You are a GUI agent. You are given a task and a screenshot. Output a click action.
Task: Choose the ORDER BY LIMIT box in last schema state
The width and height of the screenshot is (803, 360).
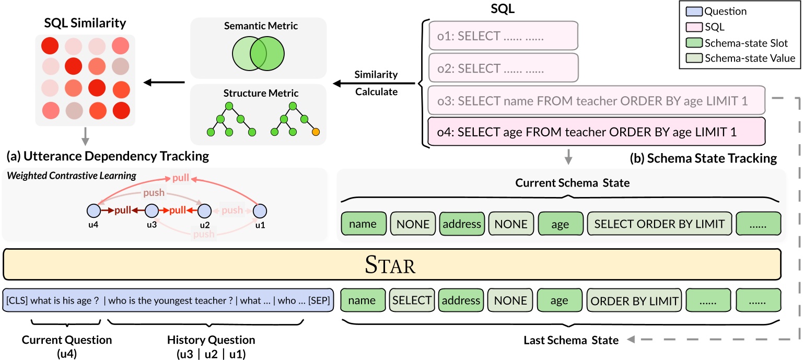634,301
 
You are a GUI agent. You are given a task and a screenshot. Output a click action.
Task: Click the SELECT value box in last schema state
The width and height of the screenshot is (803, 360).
412,301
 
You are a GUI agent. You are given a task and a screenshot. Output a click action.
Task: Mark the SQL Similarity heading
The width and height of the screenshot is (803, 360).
85,24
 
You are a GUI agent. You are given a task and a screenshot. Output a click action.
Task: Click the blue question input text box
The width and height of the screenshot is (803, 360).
167,301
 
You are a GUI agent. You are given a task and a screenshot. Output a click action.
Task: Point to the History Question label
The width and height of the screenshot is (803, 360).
211,340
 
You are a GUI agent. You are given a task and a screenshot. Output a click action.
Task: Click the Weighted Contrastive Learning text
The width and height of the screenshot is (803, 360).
72,176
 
